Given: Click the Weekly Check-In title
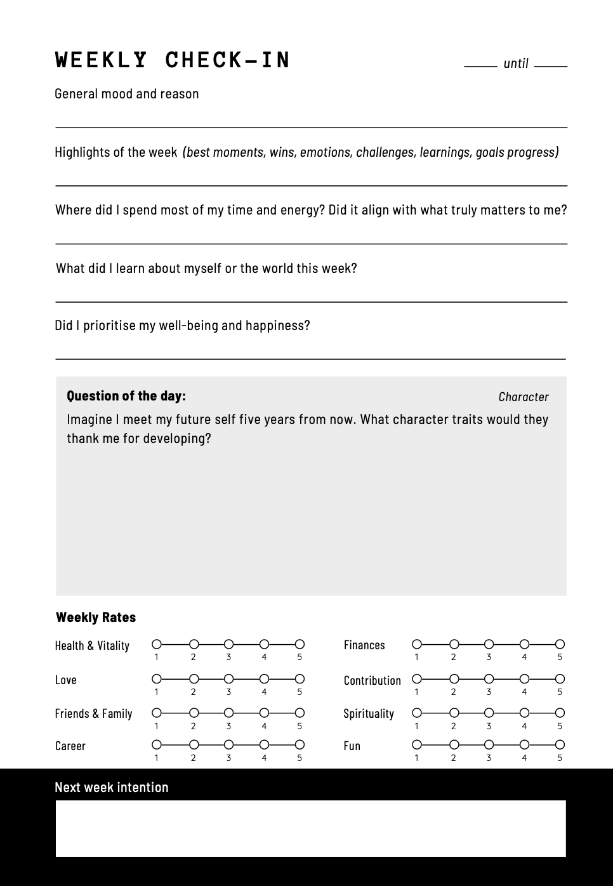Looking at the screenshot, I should coord(173,60).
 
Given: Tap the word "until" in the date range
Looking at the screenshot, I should coord(515,63).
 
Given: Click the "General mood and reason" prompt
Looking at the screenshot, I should coord(127,94).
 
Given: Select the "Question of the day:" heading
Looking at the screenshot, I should coord(126,396).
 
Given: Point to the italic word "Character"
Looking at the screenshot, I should coord(523,397).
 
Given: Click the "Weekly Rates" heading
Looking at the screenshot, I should coord(96,618).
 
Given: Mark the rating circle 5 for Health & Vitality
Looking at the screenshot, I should coord(300,644).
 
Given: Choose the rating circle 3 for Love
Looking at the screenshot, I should coord(228,679).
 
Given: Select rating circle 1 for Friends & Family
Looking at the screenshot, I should coord(157,713).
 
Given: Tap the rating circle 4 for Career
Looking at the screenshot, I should coord(264,744).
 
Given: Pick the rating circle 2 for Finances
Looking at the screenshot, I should coord(454,644).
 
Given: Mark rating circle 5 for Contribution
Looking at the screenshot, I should coord(560,679).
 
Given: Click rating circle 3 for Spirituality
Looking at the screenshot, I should coord(489,713).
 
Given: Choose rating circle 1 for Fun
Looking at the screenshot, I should coord(417,744).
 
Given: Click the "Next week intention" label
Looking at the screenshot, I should coord(112,788).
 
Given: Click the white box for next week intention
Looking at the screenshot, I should coord(310,828).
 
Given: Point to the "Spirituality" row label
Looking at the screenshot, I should coord(369,713).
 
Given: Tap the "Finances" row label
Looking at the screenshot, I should coord(364,645).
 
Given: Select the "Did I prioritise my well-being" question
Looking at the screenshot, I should coord(182,326).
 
